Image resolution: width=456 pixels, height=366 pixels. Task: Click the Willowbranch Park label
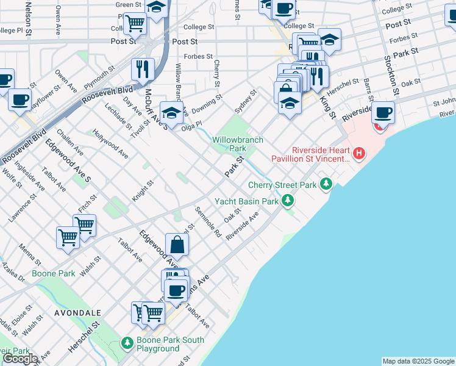click(238, 144)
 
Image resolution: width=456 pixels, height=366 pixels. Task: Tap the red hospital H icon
click(359, 152)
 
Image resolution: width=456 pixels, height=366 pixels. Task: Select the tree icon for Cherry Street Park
click(327, 183)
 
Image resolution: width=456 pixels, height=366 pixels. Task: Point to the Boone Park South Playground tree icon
click(127, 344)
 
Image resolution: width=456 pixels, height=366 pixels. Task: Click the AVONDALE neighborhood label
click(77, 312)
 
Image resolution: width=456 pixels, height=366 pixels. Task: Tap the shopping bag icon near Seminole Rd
click(177, 245)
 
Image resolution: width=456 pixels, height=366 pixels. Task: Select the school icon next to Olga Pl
click(171, 113)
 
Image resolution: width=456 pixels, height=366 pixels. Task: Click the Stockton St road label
click(391, 75)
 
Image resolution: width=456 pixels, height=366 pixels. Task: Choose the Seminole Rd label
click(208, 222)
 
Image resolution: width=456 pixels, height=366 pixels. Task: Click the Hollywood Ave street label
click(110, 143)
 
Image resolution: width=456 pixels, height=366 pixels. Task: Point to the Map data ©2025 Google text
click(418, 361)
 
